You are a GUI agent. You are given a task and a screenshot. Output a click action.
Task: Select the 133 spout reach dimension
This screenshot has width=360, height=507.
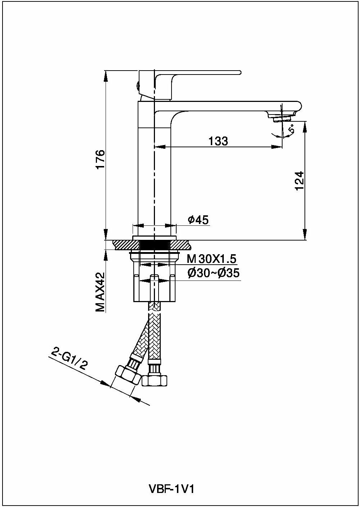218,141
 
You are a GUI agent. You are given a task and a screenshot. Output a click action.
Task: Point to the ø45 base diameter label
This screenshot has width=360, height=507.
198,220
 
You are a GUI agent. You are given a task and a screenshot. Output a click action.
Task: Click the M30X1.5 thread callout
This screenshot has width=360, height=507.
212,259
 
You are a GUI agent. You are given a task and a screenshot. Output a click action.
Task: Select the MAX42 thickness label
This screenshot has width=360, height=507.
100,292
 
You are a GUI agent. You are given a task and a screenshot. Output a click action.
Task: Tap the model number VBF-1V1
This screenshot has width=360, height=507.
172,489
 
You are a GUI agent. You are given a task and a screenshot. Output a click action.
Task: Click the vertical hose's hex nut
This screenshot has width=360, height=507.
155,380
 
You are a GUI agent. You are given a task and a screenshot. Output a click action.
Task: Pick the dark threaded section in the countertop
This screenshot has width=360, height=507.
154,245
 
